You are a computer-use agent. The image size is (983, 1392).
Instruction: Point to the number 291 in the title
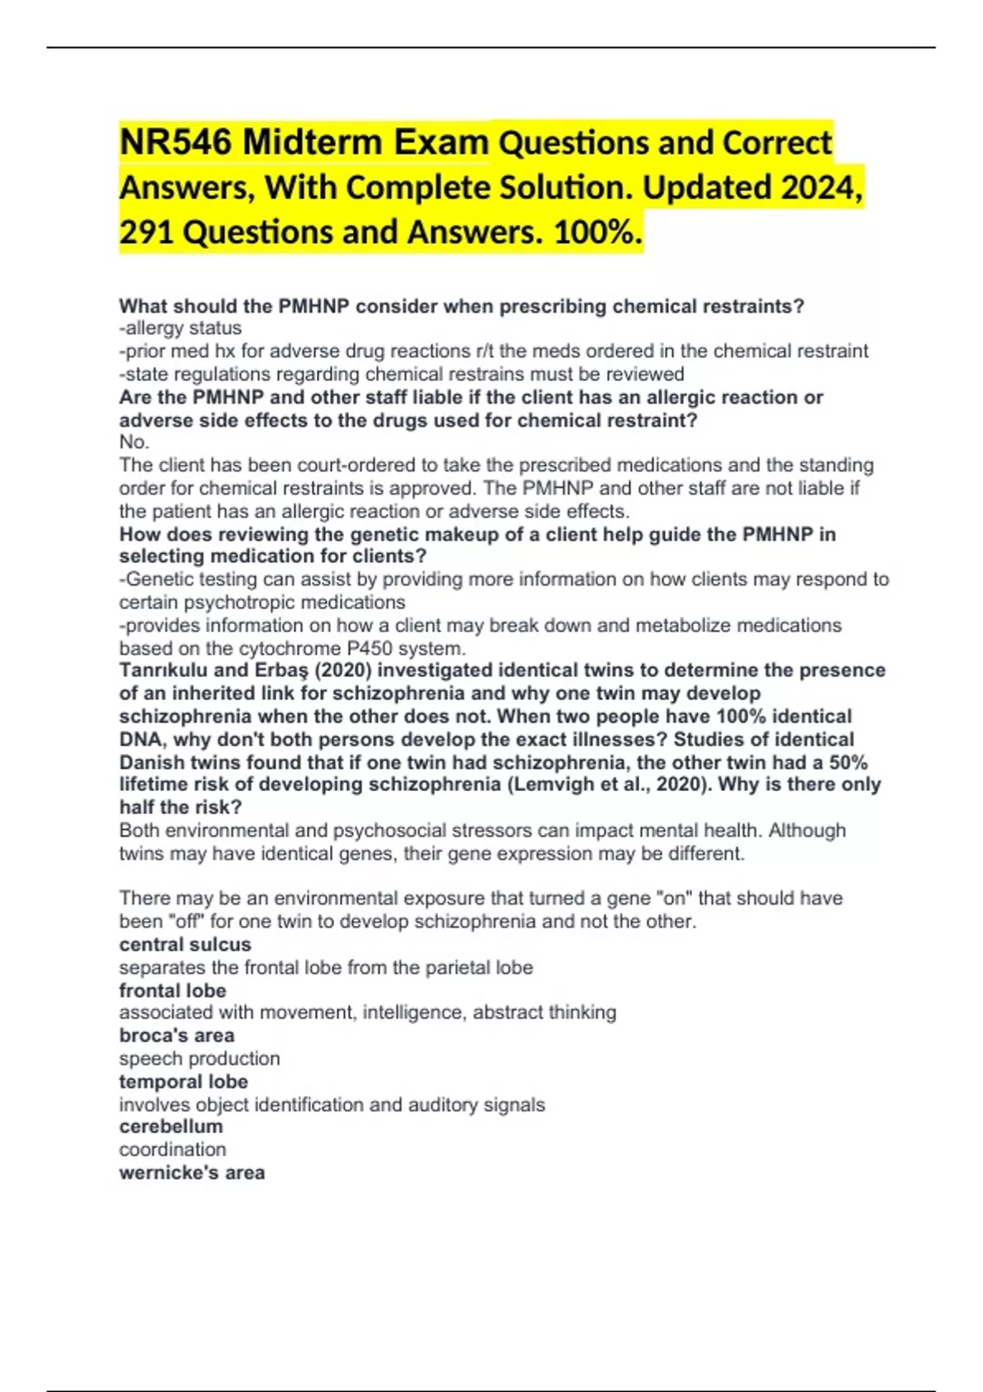(x=146, y=233)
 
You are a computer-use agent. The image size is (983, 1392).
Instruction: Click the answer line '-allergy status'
(x=180, y=328)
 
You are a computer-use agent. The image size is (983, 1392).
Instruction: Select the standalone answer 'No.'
(x=134, y=442)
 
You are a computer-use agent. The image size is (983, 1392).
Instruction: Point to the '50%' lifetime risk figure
(x=848, y=762)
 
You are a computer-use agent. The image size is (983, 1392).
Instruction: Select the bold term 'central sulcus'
(x=185, y=944)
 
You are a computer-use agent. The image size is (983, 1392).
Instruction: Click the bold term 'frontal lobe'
(x=173, y=991)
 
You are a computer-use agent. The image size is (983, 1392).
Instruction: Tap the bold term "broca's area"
(x=177, y=1036)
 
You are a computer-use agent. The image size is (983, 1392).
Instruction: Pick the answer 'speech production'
(x=200, y=1059)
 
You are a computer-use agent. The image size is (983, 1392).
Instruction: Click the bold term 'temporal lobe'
(x=183, y=1082)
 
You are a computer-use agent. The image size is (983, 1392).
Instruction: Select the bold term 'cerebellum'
(x=171, y=1127)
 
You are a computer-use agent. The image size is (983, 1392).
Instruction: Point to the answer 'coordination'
(x=173, y=1150)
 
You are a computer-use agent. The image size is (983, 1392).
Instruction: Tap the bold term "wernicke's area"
(x=192, y=1173)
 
